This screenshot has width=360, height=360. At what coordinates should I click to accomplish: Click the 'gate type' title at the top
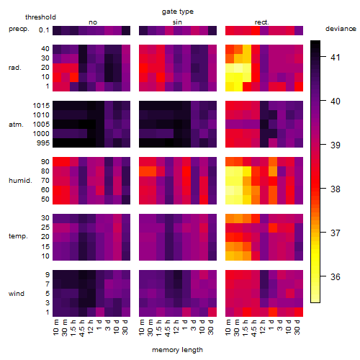(x=178, y=12)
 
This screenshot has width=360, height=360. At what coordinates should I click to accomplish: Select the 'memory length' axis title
(x=177, y=350)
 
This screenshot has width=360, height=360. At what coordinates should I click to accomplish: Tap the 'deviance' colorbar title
(x=341, y=29)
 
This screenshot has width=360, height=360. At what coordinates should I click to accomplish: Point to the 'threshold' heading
(x=40, y=17)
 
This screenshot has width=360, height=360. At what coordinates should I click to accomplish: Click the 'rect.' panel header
(x=261, y=22)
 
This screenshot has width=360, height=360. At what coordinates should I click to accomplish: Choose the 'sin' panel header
(x=177, y=22)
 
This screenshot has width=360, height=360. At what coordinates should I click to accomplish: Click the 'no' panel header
(x=93, y=22)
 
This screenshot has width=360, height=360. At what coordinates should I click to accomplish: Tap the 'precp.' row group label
(x=19, y=29)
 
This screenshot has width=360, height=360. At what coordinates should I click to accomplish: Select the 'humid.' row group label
(x=20, y=181)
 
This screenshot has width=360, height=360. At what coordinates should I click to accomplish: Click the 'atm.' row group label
(x=16, y=125)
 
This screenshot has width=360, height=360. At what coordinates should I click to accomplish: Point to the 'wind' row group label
(x=17, y=294)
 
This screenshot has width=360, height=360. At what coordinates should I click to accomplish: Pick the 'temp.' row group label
(x=18, y=236)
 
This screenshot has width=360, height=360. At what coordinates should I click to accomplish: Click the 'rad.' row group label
(x=15, y=68)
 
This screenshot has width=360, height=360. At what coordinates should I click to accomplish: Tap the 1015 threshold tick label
(x=41, y=106)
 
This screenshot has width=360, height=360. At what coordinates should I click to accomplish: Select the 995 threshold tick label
(x=43, y=143)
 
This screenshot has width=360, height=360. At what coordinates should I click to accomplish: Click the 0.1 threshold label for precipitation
(x=44, y=30)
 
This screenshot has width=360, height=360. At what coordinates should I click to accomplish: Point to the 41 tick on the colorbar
(x=336, y=57)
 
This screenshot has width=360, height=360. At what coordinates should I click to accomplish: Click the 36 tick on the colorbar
(x=336, y=277)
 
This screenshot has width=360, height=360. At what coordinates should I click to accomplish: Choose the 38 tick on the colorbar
(x=336, y=189)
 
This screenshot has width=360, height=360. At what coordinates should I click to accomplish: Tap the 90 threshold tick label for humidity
(x=45, y=162)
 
